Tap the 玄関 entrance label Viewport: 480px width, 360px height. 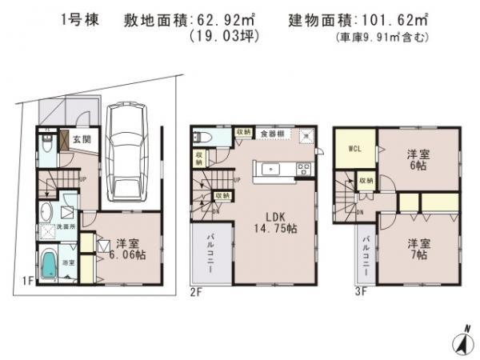click(82, 139)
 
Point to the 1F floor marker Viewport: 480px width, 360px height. click(26, 280)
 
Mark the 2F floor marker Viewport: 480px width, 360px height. click(197, 292)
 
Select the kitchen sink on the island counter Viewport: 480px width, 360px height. click(272, 169)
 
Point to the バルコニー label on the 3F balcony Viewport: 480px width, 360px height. click(365, 254)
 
